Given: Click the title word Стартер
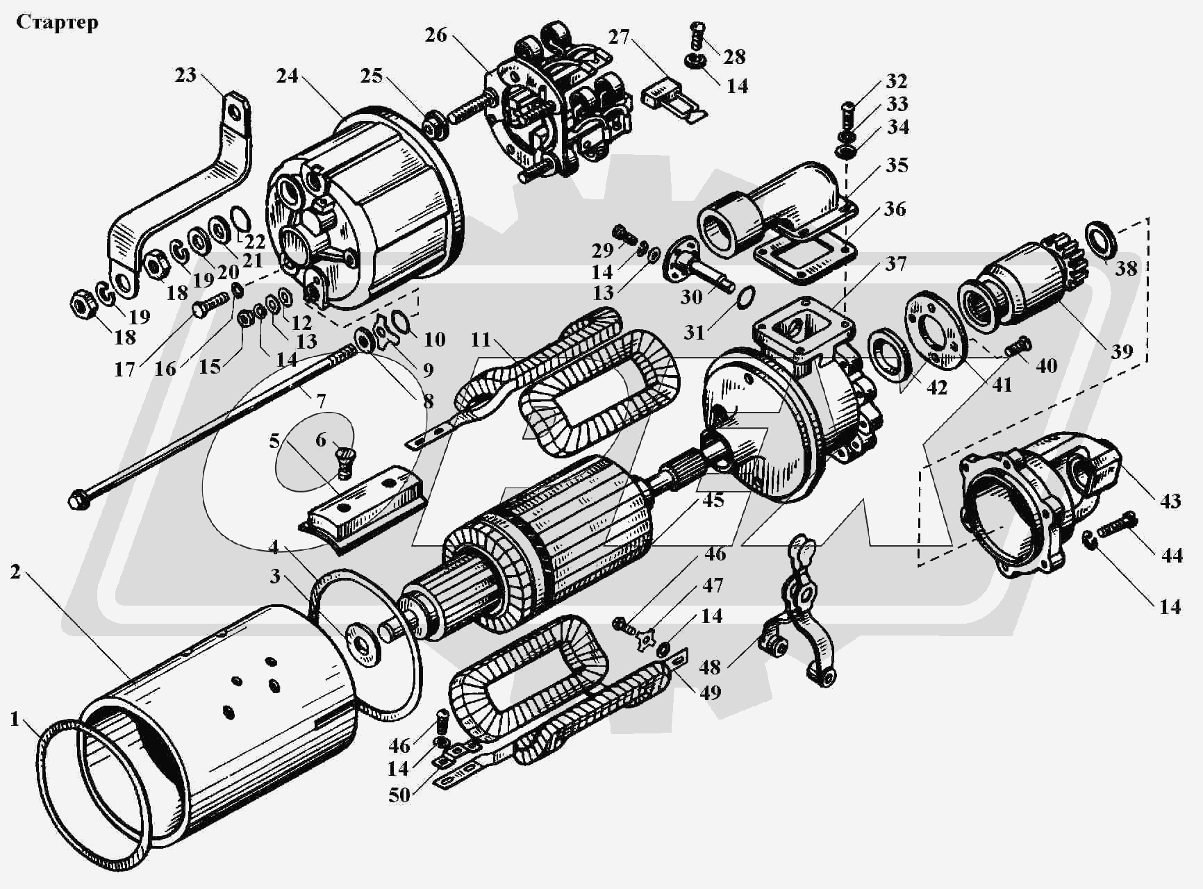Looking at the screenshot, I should [57, 22].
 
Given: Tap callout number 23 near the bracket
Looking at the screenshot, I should [185, 74].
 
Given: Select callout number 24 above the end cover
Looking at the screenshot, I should [287, 75].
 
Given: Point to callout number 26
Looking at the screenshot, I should [435, 35].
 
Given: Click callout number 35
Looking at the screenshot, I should [897, 165].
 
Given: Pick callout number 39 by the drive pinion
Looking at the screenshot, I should [1122, 351].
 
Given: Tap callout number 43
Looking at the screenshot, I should [1170, 500].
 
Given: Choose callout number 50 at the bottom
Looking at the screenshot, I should [399, 795].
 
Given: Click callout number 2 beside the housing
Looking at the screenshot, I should [15, 572].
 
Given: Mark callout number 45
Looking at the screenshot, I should [713, 500].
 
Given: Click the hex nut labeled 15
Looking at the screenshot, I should [245, 319].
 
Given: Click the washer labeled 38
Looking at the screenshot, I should [1101, 240].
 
